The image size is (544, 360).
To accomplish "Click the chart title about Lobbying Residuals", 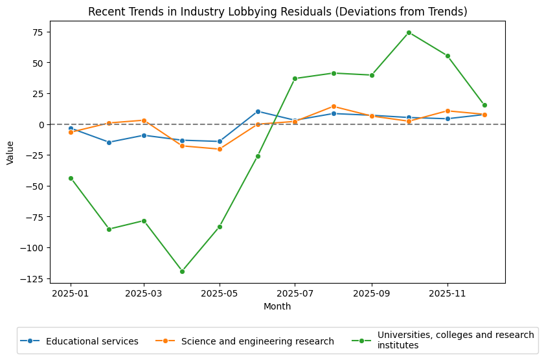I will (x=277, y=12).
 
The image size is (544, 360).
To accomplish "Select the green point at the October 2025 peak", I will (x=409, y=32).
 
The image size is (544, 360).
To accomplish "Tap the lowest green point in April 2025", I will (x=182, y=271).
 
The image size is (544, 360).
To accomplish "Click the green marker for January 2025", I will (x=71, y=178).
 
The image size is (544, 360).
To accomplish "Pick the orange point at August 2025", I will (x=334, y=106).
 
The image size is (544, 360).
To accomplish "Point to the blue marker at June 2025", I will (x=258, y=111).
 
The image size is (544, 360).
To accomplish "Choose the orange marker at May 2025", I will (x=220, y=149).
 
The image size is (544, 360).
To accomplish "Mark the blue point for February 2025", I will (x=109, y=142).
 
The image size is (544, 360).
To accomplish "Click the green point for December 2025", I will (x=484, y=105).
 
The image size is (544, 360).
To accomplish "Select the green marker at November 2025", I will (x=448, y=56).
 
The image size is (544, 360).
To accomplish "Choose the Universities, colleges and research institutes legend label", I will (x=455, y=341).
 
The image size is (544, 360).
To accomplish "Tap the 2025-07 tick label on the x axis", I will (x=295, y=293).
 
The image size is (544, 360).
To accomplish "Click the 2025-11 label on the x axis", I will (x=448, y=293).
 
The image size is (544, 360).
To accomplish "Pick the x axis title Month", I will (x=277, y=306).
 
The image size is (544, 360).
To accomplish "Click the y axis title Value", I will (x=10, y=152).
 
